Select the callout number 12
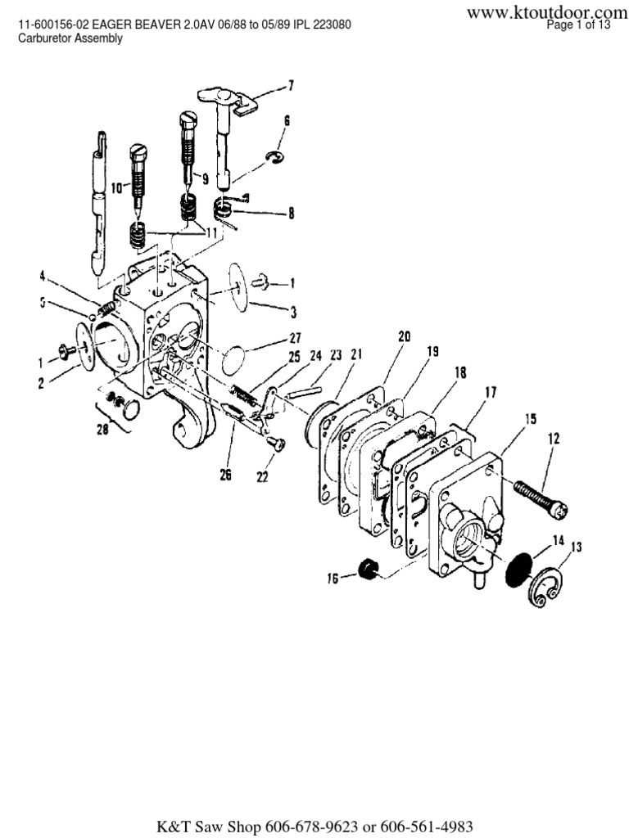[554, 439]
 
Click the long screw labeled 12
[541, 498]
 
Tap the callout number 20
[404, 336]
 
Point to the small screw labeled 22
[276, 443]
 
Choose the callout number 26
[224, 473]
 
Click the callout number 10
[115, 187]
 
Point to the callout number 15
[530, 419]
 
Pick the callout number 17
[490, 392]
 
